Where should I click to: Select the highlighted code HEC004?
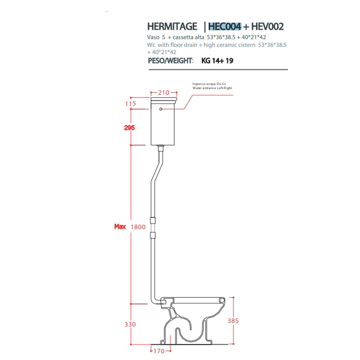pos(225,26)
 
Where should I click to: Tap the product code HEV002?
pos(268,26)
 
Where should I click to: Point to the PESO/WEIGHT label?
pos(170,61)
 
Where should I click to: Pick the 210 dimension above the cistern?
pos(164,93)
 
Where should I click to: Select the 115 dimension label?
pos(130,103)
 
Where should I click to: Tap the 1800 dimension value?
pos(138,226)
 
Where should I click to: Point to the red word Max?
pos(120,226)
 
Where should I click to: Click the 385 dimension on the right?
pos(233,320)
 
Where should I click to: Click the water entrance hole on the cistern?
pos(161,110)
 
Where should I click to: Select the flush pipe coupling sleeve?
pos(153,227)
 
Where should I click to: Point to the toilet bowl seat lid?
pos(193,298)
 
